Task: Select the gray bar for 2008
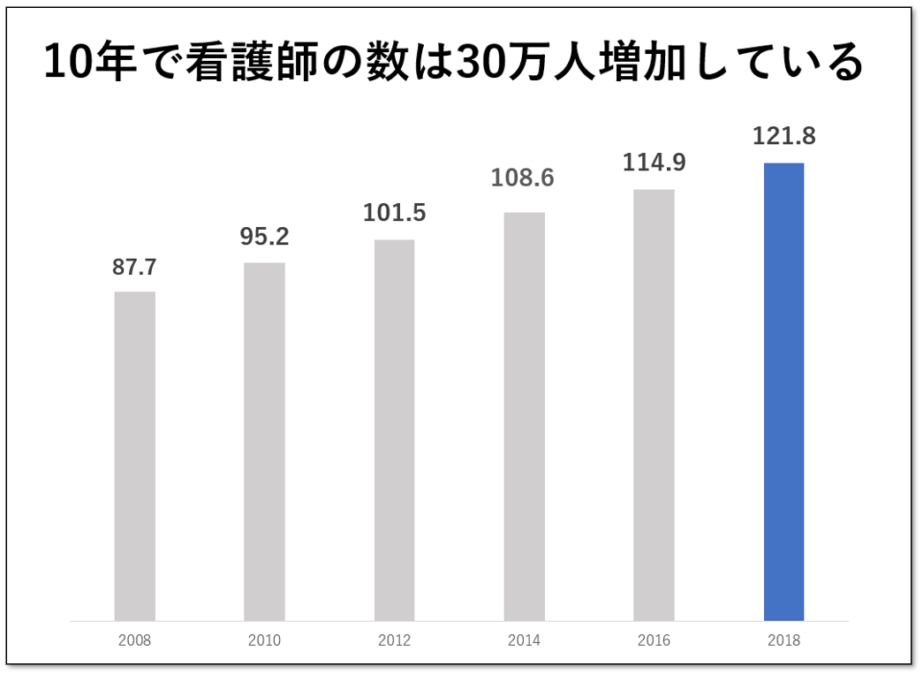pyautogui.click(x=134, y=456)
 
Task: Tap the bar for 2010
pyautogui.click(x=264, y=441)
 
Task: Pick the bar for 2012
pyautogui.click(x=394, y=429)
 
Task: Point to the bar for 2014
pyautogui.click(x=524, y=416)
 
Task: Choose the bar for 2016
pyautogui.click(x=654, y=405)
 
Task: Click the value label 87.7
pyautogui.click(x=134, y=268)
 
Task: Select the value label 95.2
pyautogui.click(x=264, y=238)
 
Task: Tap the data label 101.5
pyautogui.click(x=394, y=214)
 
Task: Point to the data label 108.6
pyautogui.click(x=524, y=178)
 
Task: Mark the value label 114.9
pyautogui.click(x=654, y=163)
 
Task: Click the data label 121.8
pyautogui.click(x=783, y=137)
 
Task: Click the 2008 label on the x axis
pyautogui.click(x=134, y=640)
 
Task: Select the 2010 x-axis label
pyautogui.click(x=264, y=640)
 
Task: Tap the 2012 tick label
pyautogui.click(x=394, y=640)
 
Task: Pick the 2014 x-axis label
pyautogui.click(x=524, y=640)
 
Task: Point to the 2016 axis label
pyautogui.click(x=654, y=640)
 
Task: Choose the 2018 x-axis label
pyautogui.click(x=783, y=640)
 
